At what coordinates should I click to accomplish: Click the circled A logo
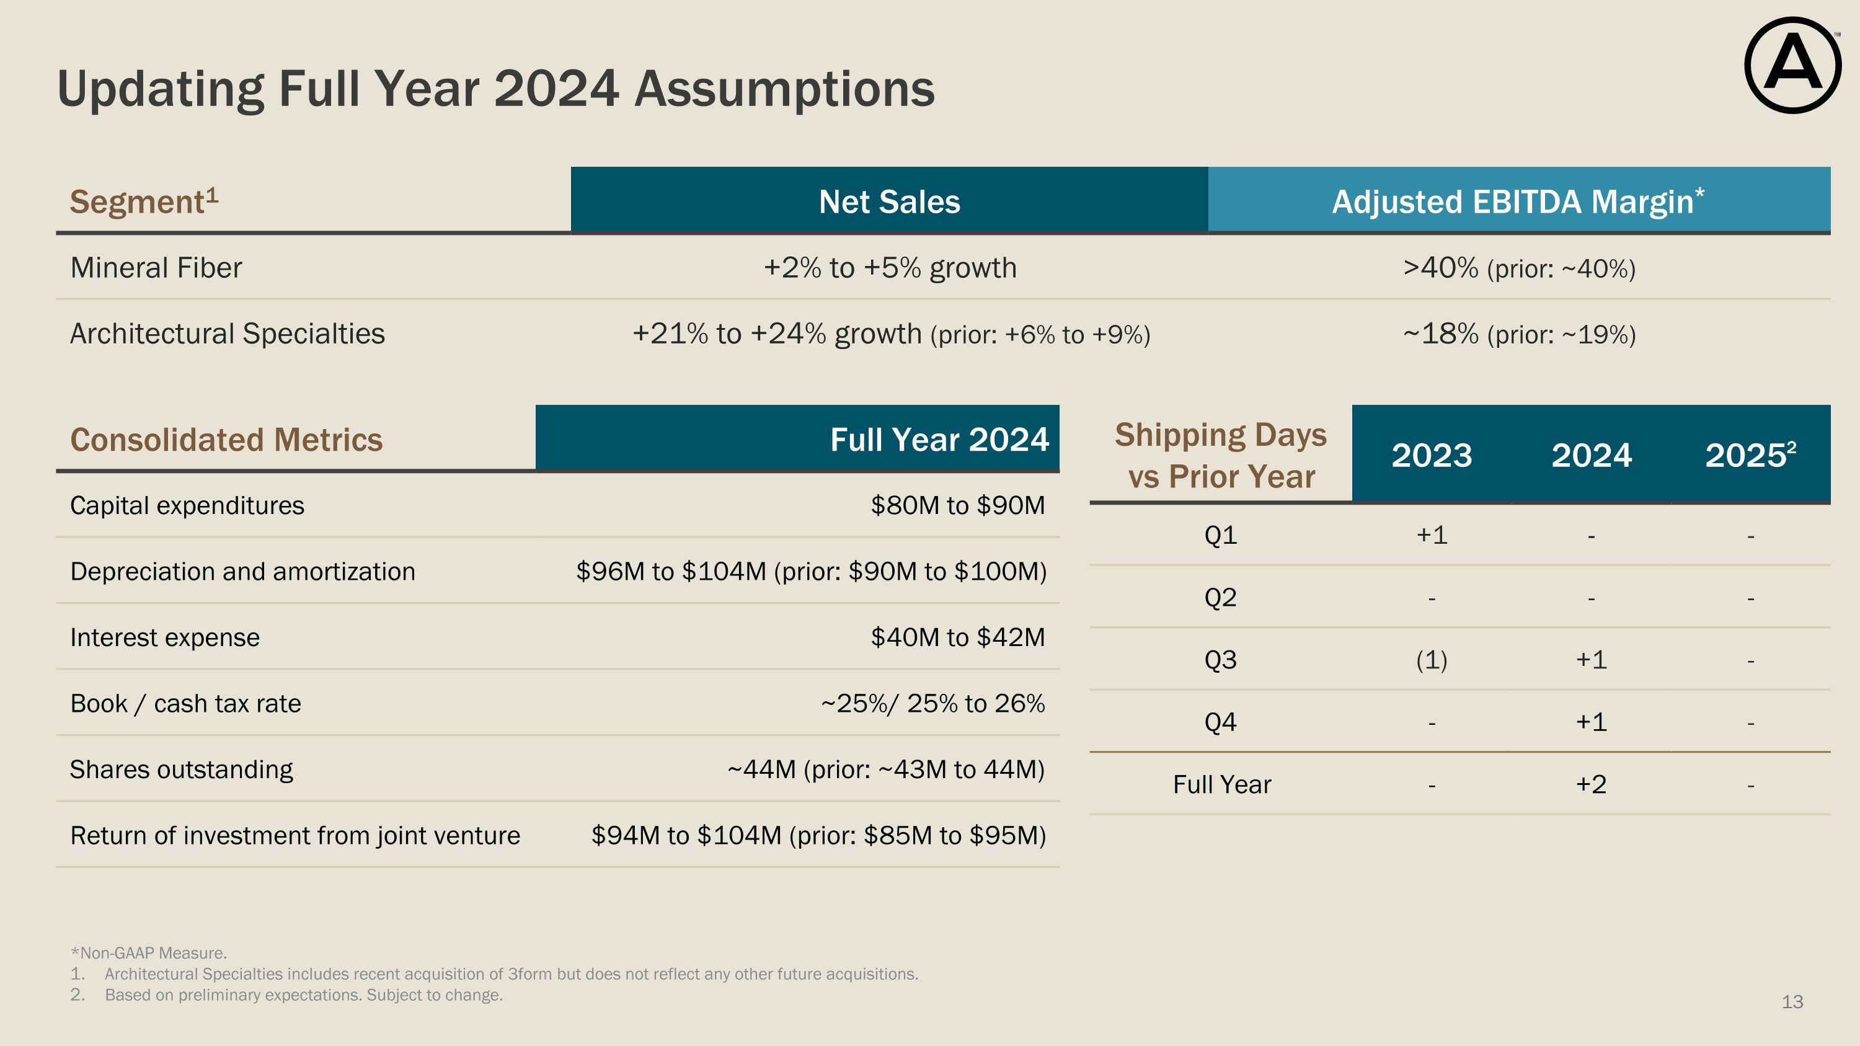click(1792, 66)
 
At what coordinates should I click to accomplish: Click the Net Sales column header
click(889, 202)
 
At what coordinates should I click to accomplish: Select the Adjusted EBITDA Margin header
click(1518, 202)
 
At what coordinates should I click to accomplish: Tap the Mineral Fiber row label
click(156, 268)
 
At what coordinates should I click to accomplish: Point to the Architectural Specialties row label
click(228, 334)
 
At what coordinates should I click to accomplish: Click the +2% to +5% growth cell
click(890, 268)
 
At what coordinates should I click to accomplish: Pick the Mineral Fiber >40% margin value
click(1440, 268)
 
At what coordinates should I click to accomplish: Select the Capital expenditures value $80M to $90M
click(957, 505)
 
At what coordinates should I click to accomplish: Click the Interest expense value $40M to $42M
click(957, 637)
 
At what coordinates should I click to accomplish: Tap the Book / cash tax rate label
click(185, 704)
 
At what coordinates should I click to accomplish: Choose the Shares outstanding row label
click(181, 769)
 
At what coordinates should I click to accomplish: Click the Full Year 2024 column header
click(939, 440)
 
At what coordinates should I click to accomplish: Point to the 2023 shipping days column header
click(1431, 456)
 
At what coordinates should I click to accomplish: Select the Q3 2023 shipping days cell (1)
click(1431, 660)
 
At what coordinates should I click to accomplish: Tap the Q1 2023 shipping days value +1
click(1431, 535)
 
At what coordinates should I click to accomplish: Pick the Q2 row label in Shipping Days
click(1220, 598)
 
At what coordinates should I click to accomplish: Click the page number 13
click(1792, 1002)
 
